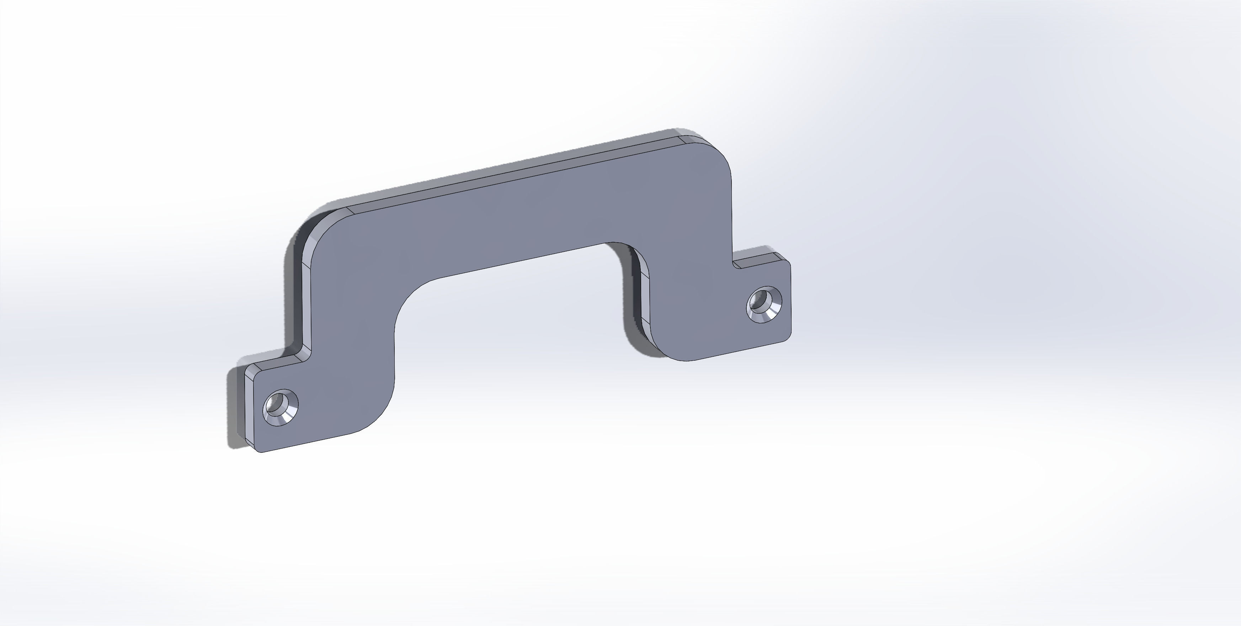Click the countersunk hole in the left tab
[281, 408]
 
